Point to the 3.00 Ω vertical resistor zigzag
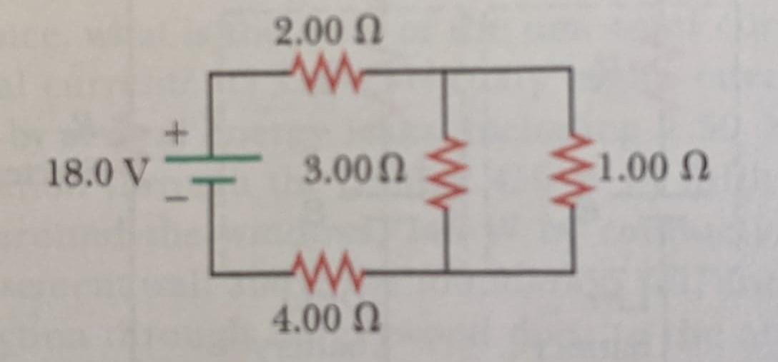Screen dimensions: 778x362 coord(444,171)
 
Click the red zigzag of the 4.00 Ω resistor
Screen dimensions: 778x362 coord(328,272)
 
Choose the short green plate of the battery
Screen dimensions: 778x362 coord(212,181)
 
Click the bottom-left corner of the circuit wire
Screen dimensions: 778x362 coord(212,273)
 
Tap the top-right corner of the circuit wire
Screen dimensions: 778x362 coord(571,69)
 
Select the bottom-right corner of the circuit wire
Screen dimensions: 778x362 coord(572,271)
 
